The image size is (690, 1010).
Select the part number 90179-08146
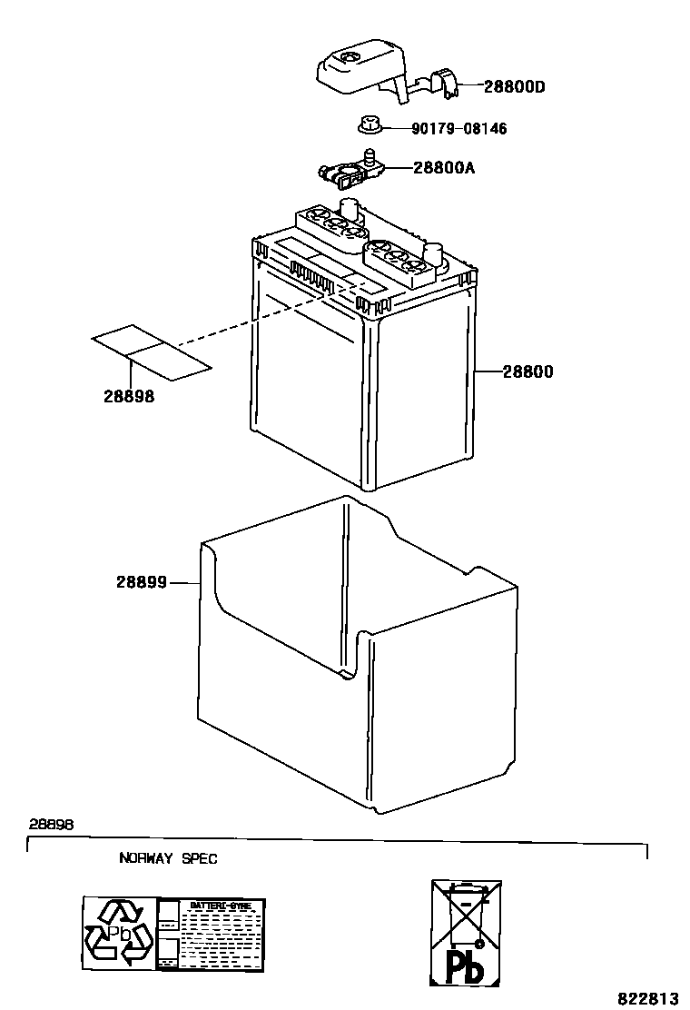point(458,129)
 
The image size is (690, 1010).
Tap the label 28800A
point(444,168)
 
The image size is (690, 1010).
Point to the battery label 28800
point(527,371)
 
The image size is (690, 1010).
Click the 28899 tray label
point(141,582)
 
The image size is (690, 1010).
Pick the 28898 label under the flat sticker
point(128,397)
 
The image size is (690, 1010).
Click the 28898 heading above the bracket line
point(51,824)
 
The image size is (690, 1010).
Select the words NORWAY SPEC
point(168,858)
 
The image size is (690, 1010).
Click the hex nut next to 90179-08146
point(370,124)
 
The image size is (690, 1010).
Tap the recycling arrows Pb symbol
point(119,933)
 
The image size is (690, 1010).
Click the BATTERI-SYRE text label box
point(212,933)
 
